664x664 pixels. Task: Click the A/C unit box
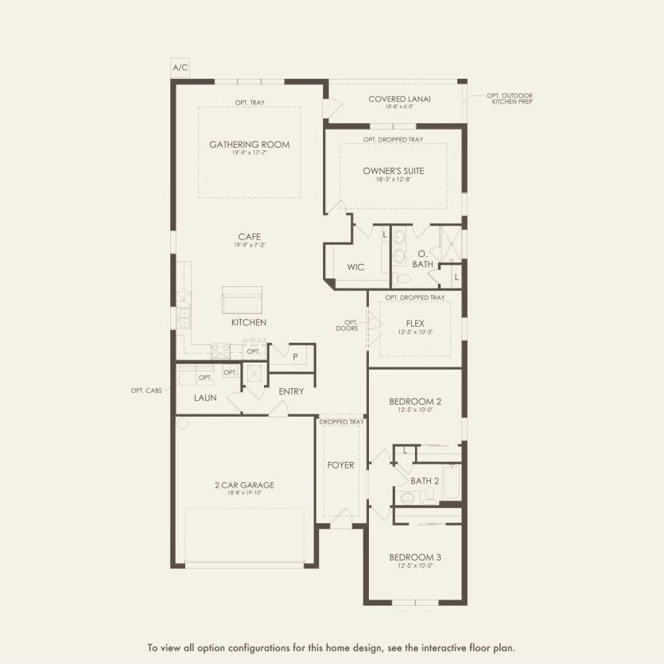[x=181, y=68]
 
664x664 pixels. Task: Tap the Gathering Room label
[x=249, y=145]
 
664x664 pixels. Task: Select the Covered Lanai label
[x=399, y=99]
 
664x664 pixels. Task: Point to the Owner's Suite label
[x=393, y=171]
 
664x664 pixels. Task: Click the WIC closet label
[x=355, y=267]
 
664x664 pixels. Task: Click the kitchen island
[x=242, y=302]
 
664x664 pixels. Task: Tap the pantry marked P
[x=295, y=357]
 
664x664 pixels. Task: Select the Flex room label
[x=414, y=324]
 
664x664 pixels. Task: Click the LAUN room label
[x=205, y=398]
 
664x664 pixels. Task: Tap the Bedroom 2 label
[x=414, y=402]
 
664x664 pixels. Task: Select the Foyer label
[x=340, y=465]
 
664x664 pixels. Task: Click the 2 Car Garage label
[x=244, y=484]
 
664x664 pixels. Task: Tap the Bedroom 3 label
[x=414, y=557]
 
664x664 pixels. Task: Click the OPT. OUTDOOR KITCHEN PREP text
[x=510, y=99]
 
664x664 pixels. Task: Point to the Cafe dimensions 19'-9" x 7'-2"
[x=249, y=245]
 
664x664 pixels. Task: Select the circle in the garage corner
[x=182, y=424]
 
